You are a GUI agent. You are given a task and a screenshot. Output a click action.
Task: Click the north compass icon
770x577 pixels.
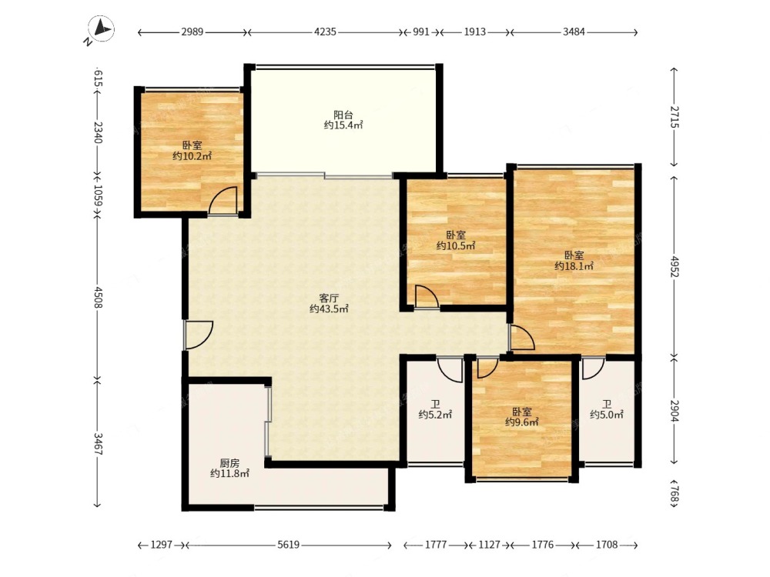(x=100, y=30)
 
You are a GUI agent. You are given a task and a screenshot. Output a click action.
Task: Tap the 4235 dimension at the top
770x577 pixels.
(x=325, y=32)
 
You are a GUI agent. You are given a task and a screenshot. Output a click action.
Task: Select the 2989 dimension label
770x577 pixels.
(x=192, y=32)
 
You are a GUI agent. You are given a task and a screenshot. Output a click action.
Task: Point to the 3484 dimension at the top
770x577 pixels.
(x=574, y=32)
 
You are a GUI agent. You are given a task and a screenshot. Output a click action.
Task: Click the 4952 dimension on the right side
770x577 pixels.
(x=675, y=266)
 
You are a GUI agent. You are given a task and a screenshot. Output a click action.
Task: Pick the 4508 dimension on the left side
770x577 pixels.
(x=98, y=297)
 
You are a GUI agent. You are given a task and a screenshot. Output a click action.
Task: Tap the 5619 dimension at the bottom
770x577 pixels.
(x=288, y=545)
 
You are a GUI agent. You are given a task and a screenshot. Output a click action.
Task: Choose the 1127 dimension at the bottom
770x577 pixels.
(x=489, y=545)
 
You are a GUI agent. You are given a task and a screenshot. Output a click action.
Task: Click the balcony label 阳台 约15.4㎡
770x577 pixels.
(x=343, y=120)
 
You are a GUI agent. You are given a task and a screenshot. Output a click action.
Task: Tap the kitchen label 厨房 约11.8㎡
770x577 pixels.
(x=229, y=468)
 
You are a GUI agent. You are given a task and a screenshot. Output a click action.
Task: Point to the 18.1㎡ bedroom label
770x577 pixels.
(x=574, y=261)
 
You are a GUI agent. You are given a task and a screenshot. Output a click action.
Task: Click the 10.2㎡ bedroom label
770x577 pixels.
(x=192, y=151)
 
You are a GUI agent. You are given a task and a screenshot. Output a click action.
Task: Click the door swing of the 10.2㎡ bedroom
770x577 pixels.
(x=223, y=200)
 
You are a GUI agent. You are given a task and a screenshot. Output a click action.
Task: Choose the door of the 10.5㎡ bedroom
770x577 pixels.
(x=427, y=297)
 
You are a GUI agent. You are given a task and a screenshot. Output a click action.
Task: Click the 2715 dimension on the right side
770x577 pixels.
(x=675, y=117)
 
